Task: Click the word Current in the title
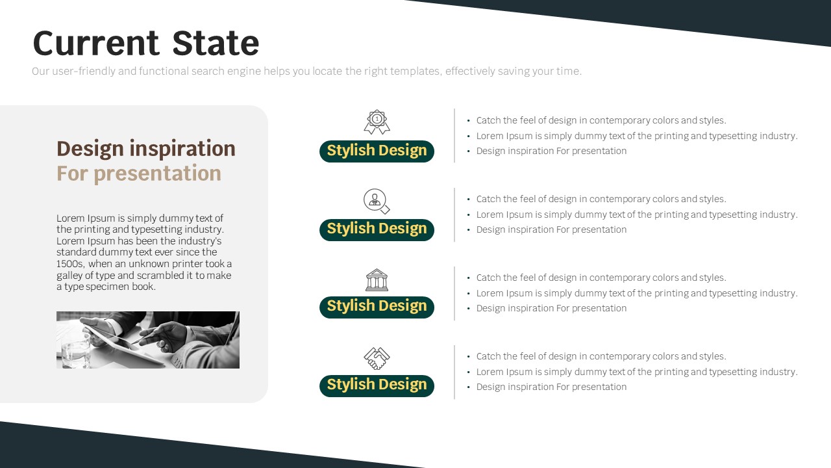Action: pyautogui.click(x=96, y=43)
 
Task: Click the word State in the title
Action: pyautogui.click(x=216, y=43)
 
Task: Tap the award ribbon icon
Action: pyautogui.click(x=377, y=122)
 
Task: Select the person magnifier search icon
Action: pyautogui.click(x=377, y=201)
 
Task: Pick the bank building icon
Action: pyautogui.click(x=377, y=279)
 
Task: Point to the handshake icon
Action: pyautogui.click(x=377, y=358)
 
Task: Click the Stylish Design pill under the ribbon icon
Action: pyautogui.click(x=377, y=151)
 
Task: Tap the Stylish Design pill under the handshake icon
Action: pyautogui.click(x=377, y=385)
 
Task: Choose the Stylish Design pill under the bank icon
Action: pyautogui.click(x=377, y=307)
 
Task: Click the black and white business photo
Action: pyautogui.click(x=147, y=340)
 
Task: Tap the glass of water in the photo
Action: pyautogui.click(x=76, y=351)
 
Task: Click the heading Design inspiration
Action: pyautogui.click(x=146, y=149)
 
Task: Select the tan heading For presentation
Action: pyautogui.click(x=139, y=174)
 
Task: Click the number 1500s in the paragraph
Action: pyautogui.click(x=71, y=264)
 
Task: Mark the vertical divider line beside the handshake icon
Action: pyautogui.click(x=454, y=372)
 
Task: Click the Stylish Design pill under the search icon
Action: pyautogui.click(x=377, y=229)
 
